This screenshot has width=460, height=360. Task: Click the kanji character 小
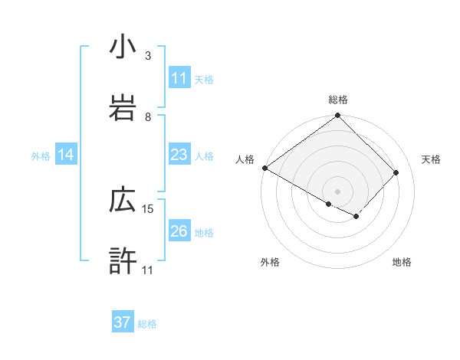click(123, 47)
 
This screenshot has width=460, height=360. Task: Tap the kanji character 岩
click(123, 107)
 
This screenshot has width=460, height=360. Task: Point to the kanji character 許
click(123, 260)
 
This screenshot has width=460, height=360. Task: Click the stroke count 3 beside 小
click(148, 56)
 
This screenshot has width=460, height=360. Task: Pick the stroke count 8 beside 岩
click(148, 116)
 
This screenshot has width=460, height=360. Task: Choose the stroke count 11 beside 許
click(148, 270)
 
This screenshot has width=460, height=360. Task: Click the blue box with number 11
click(179, 78)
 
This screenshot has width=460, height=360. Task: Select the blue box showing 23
click(179, 155)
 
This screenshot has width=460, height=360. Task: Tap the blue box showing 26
click(179, 231)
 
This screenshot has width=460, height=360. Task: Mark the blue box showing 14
click(66, 155)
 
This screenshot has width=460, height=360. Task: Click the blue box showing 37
click(123, 322)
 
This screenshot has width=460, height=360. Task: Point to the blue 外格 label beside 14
click(41, 156)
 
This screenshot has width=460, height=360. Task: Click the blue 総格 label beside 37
click(147, 324)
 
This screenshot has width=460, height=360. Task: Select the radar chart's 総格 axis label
click(338, 100)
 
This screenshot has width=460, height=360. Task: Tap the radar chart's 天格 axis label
click(432, 159)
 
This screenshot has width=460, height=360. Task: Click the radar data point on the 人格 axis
click(265, 168)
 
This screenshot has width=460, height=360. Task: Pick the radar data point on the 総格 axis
click(338, 116)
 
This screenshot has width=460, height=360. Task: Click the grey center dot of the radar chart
click(337, 191)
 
